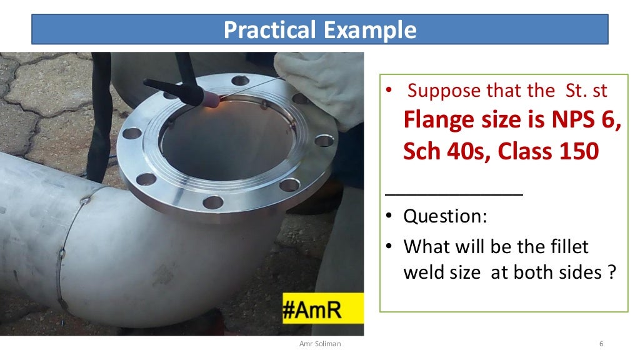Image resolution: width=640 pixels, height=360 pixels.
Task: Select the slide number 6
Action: pyautogui.click(x=601, y=344)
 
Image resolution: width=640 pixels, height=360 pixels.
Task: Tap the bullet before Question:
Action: pyautogui.click(x=389, y=217)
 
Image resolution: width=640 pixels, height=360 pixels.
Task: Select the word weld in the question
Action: pyautogui.click(x=424, y=273)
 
